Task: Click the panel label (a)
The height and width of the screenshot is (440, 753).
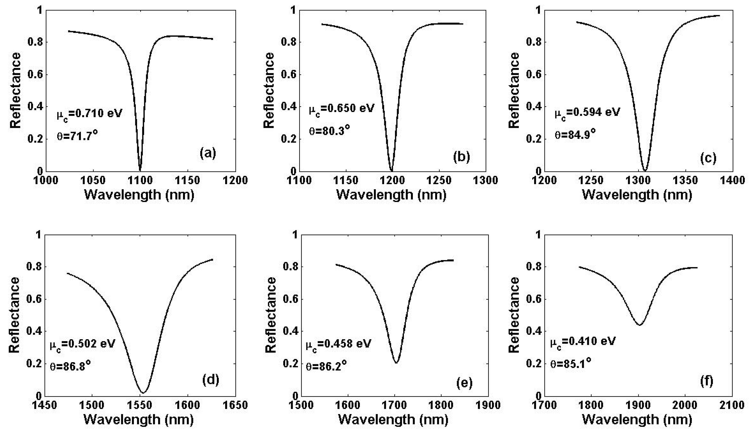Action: click(x=208, y=154)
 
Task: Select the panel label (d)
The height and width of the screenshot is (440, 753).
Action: click(x=211, y=380)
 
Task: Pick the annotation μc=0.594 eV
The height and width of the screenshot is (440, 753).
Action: click(x=587, y=113)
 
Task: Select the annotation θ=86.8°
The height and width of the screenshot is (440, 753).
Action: click(x=70, y=365)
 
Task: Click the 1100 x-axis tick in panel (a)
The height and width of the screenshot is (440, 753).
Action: click(x=140, y=180)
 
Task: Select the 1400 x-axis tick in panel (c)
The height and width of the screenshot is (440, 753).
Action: click(x=732, y=180)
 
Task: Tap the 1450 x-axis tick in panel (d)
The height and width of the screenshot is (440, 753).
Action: click(x=45, y=405)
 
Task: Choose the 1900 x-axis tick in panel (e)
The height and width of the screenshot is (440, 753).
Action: click(x=488, y=405)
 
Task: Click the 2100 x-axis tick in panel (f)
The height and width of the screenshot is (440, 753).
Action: click(x=732, y=405)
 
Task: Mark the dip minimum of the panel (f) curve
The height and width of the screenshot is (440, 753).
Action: click(x=640, y=325)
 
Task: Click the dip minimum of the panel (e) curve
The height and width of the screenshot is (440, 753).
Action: click(x=396, y=363)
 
